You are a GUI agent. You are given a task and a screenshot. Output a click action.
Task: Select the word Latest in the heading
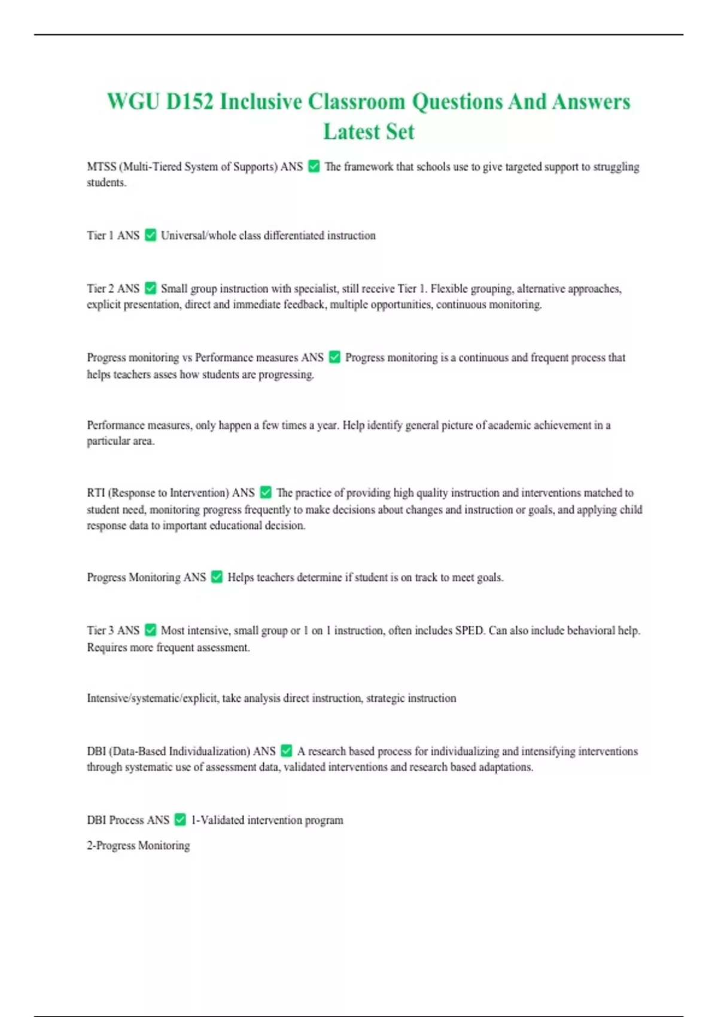tap(351, 132)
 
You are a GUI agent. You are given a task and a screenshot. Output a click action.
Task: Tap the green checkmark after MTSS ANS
tap(314, 167)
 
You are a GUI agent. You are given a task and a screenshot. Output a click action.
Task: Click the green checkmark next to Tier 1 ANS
tap(150, 236)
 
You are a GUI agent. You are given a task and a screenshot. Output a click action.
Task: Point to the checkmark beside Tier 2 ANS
tap(150, 288)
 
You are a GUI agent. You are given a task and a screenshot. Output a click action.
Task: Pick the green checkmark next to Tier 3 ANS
tap(150, 630)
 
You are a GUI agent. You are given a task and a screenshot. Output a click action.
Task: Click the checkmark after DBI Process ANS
tap(180, 820)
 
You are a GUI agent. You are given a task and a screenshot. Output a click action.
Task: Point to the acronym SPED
tap(470, 631)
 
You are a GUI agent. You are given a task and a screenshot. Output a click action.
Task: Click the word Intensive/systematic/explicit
tap(153, 698)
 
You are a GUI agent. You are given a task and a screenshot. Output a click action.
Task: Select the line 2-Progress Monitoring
tap(138, 845)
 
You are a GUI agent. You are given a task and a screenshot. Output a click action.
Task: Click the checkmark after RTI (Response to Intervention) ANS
tap(266, 493)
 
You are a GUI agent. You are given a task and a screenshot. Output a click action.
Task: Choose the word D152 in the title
tap(189, 102)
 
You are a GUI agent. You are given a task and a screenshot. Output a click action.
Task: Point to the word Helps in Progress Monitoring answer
tap(241, 578)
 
